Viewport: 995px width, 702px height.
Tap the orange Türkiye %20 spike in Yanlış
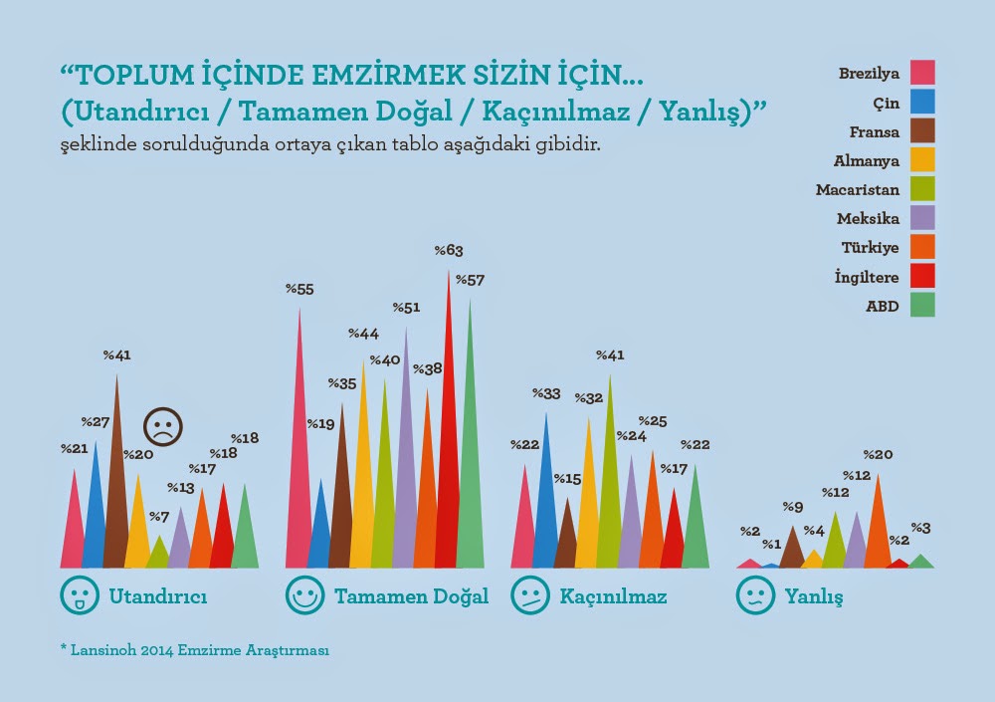(878, 533)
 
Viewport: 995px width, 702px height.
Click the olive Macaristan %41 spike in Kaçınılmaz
(609, 498)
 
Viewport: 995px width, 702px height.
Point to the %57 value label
(470, 281)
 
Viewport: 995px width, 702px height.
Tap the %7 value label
(158, 517)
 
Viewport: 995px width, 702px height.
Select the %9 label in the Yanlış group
(792, 507)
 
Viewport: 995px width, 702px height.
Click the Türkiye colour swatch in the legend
(922, 245)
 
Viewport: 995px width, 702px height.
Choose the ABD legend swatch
(922, 306)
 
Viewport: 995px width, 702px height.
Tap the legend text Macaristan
(858, 189)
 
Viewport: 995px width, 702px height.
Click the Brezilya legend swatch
(922, 73)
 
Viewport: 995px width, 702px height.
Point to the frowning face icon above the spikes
(162, 426)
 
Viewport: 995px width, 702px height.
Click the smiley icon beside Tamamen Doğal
(304, 595)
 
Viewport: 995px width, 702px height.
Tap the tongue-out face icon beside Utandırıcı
(80, 595)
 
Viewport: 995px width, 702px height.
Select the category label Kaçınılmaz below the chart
(613, 597)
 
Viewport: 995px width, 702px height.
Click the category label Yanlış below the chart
(813, 597)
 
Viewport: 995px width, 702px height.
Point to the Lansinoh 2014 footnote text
(194, 650)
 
